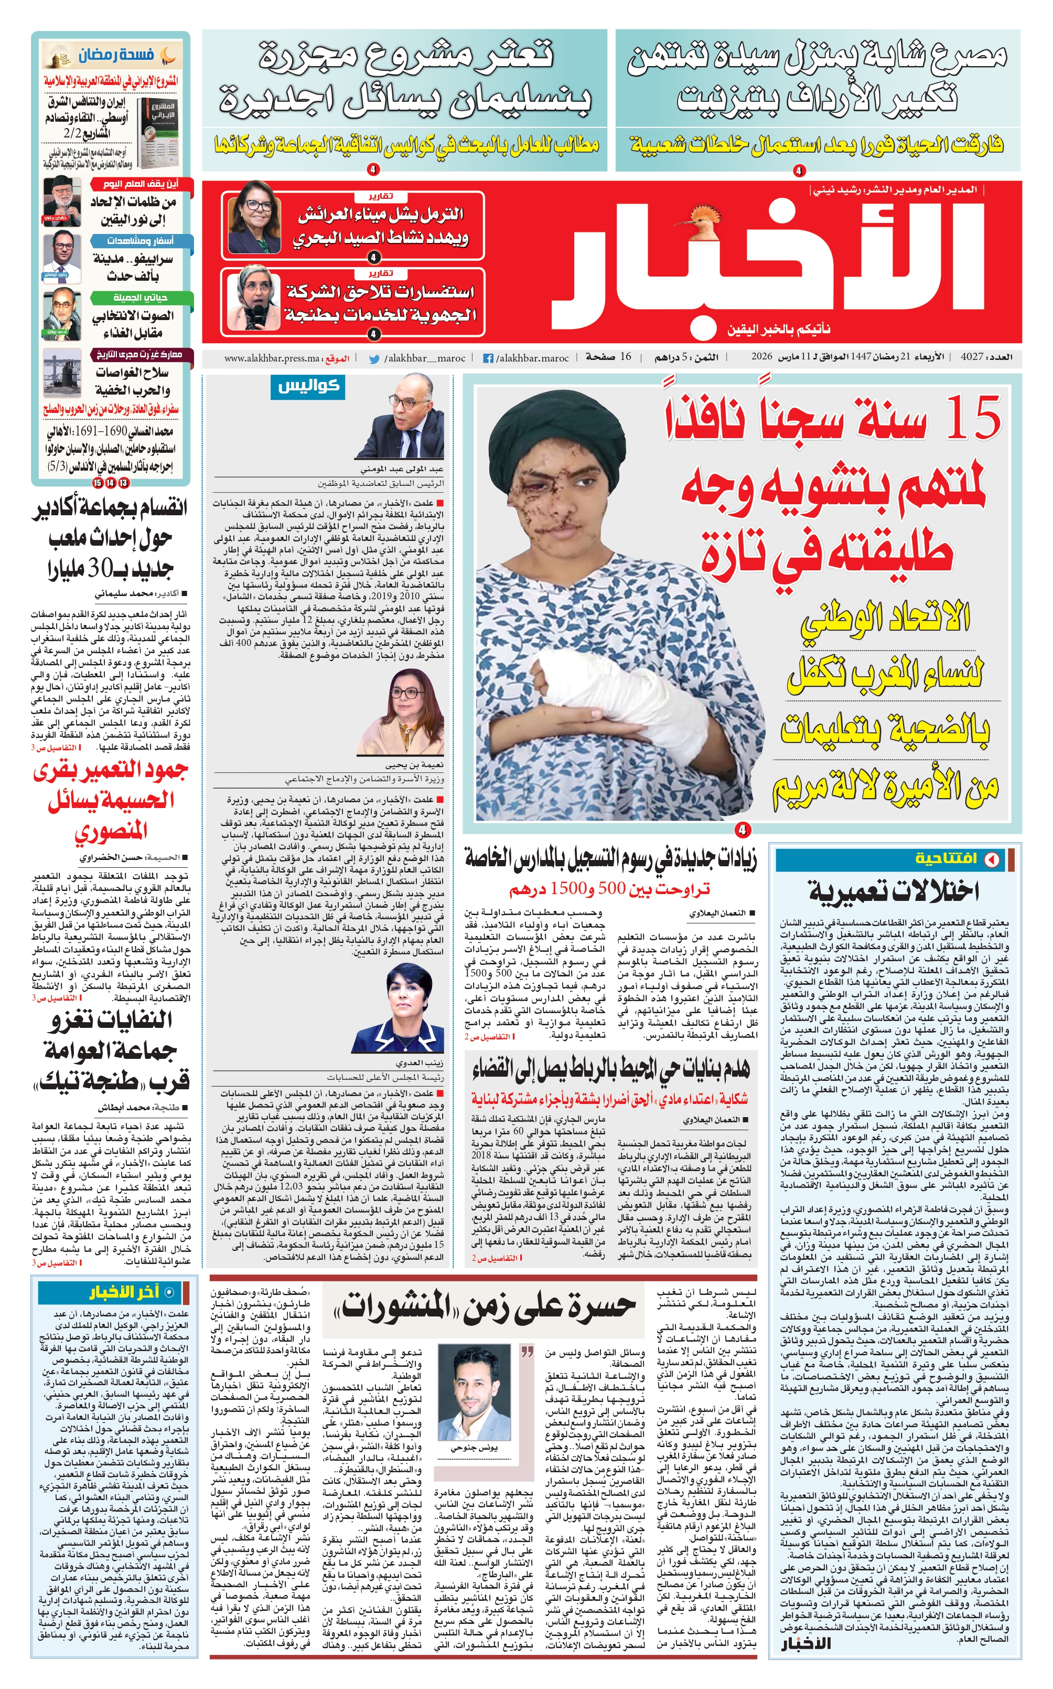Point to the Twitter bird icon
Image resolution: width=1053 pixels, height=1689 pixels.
pos(374,358)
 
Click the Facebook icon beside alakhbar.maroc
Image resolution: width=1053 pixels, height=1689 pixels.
pos(488,358)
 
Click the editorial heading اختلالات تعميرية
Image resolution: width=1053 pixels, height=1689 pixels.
pos(894,890)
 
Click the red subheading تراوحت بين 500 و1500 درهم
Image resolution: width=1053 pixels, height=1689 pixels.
pos(609,889)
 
